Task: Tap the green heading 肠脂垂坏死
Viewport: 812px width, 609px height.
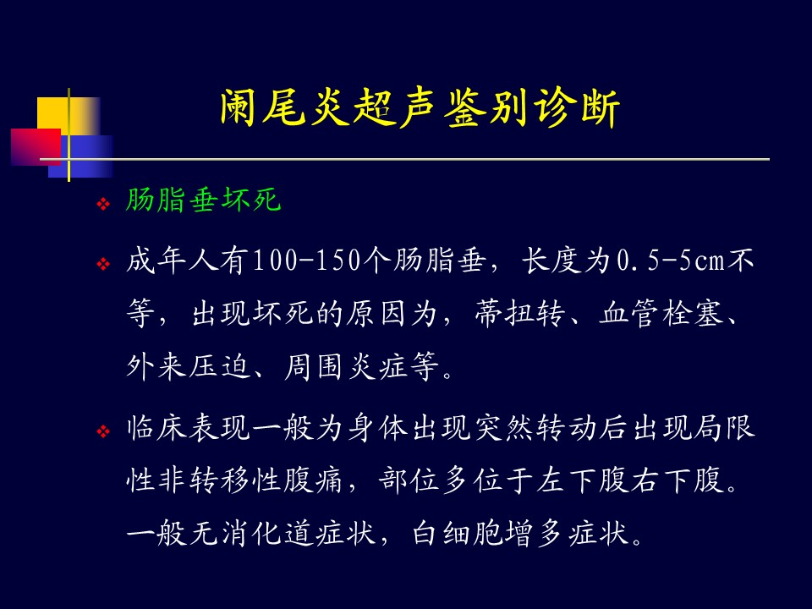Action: tap(203, 200)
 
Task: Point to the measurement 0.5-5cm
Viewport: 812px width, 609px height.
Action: tap(671, 261)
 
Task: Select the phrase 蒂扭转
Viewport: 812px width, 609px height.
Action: tap(519, 313)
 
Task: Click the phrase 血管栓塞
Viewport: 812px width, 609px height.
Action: tap(661, 313)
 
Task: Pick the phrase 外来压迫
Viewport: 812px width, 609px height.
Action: tap(189, 366)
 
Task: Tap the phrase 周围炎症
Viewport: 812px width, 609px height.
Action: tap(345, 366)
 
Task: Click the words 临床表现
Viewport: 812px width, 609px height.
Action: tap(189, 428)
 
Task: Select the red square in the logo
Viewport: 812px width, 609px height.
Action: tap(36, 147)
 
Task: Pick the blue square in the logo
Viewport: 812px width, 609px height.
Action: tap(81, 156)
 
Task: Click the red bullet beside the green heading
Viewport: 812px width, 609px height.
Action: tap(103, 204)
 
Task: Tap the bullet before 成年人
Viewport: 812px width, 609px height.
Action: tap(103, 264)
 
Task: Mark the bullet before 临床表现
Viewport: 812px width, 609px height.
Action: tap(103, 431)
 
